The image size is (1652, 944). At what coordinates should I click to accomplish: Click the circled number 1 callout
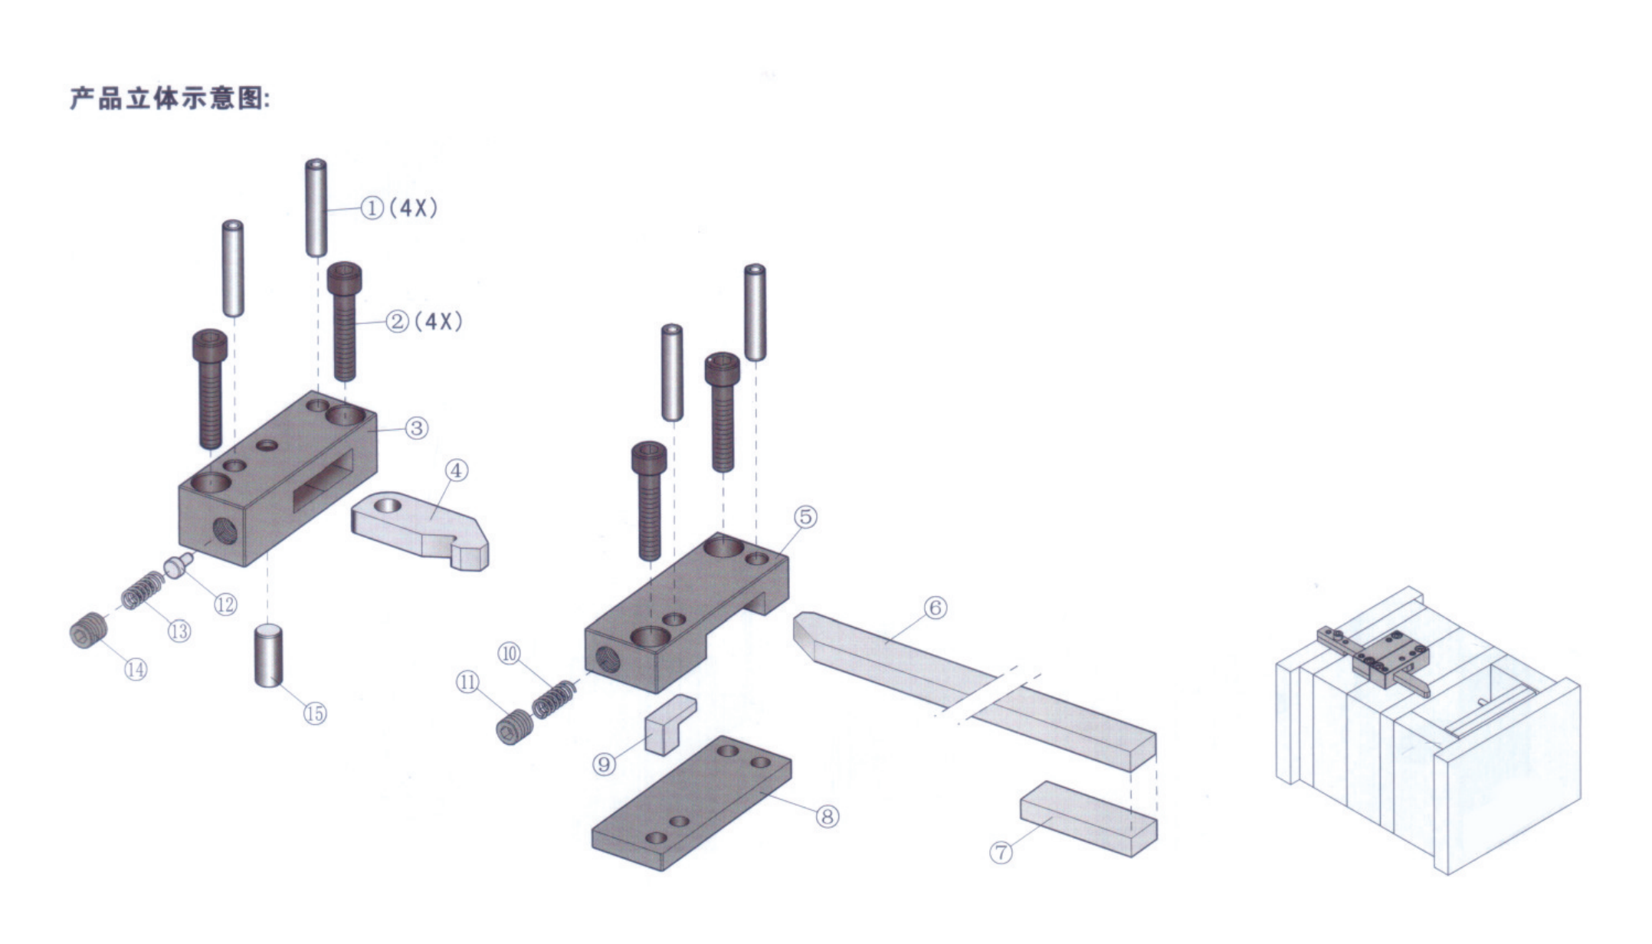[372, 208]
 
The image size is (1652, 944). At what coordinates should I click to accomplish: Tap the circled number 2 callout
[397, 321]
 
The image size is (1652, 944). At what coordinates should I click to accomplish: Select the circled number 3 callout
[416, 428]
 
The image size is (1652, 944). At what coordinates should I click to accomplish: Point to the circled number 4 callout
[456, 470]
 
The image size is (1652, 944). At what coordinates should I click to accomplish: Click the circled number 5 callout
[805, 517]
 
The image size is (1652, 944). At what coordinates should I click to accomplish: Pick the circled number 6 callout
[935, 608]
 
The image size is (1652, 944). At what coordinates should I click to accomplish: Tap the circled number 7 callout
[1001, 852]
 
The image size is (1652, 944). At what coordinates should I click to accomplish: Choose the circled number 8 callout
[827, 817]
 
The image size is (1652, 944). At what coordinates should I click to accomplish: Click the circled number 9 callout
[604, 764]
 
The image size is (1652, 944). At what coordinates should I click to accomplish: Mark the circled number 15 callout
[315, 714]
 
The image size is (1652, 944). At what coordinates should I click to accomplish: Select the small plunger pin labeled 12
[177, 568]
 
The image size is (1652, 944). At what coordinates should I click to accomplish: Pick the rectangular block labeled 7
[1088, 818]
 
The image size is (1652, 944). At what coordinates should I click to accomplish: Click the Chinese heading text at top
[170, 99]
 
